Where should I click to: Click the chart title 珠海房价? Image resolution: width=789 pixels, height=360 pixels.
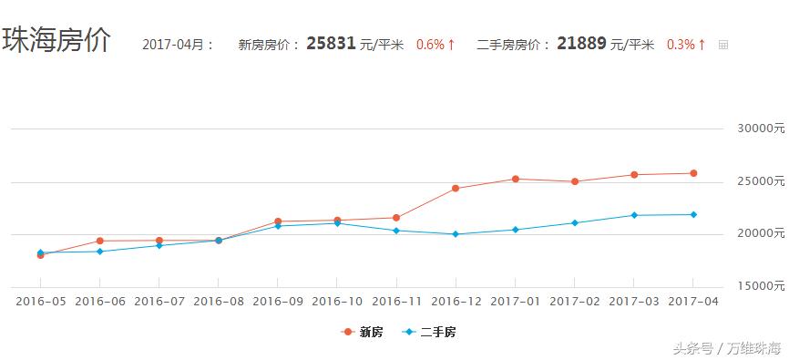click(56, 41)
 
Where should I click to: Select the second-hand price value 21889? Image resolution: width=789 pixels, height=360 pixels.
click(580, 44)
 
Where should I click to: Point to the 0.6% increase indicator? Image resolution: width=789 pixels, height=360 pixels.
click(435, 44)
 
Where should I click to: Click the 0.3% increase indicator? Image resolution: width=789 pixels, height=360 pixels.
click(686, 44)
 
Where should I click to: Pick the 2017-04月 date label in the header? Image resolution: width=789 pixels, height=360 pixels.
click(179, 44)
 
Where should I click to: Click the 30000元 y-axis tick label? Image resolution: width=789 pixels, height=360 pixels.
click(761, 129)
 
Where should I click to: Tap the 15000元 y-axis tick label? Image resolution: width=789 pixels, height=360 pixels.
click(761, 286)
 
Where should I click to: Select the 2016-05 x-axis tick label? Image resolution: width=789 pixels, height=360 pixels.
click(40, 301)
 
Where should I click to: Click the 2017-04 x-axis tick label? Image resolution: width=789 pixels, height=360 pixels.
click(693, 301)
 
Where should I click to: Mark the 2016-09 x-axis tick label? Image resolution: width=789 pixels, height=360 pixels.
click(278, 301)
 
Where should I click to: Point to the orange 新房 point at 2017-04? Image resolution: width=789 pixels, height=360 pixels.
click(693, 173)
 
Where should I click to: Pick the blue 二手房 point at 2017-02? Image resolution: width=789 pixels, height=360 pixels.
click(575, 222)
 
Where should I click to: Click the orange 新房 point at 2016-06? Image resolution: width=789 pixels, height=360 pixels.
click(100, 241)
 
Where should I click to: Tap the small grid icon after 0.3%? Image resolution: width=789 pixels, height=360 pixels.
click(723, 45)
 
